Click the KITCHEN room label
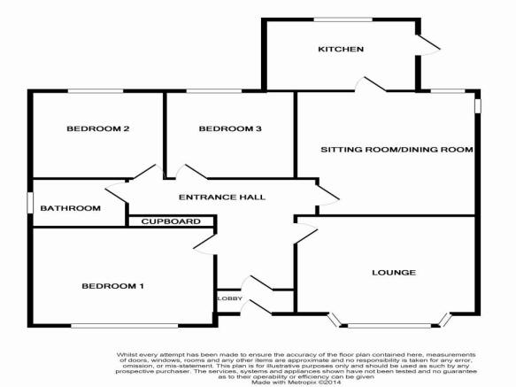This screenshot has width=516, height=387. click(x=341, y=50)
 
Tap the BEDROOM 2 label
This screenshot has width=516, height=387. click(x=97, y=128)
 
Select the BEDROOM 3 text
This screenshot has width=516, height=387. click(x=230, y=128)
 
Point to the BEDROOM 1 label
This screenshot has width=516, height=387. click(x=113, y=286)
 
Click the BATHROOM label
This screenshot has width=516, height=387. click(x=71, y=208)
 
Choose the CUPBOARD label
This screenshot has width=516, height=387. click(x=171, y=221)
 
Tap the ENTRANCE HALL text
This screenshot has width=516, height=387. click(x=222, y=197)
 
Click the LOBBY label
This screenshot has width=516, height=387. click(x=230, y=298)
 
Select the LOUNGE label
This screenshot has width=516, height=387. click(x=394, y=273)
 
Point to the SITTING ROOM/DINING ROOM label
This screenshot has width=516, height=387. click(x=397, y=150)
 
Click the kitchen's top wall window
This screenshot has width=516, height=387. click(x=343, y=20)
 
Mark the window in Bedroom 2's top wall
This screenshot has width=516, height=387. click(x=96, y=91)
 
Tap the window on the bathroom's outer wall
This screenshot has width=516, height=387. click(x=30, y=203)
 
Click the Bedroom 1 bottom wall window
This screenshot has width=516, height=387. click(x=125, y=325)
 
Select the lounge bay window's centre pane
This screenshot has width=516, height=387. click(x=389, y=325)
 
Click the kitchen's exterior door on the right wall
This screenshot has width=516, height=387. click(x=428, y=45)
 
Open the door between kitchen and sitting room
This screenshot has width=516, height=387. click(x=370, y=84)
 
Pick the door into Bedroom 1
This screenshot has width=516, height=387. click(x=204, y=244)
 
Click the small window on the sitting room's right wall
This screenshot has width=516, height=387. click(x=477, y=106)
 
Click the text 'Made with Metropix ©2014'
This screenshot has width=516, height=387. click(x=297, y=382)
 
